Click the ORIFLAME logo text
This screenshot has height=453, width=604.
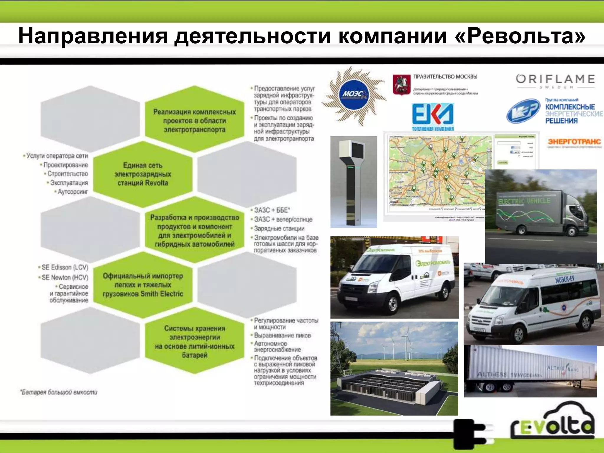[x=555, y=79]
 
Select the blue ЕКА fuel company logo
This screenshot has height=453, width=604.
[x=433, y=116]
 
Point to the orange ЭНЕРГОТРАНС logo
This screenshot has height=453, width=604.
[x=574, y=142]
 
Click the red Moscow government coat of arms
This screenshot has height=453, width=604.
[x=401, y=84]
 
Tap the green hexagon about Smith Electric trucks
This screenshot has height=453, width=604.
[x=143, y=285]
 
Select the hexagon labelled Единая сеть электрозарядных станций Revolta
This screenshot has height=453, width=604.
[x=143, y=174]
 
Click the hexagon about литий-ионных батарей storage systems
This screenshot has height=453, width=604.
[x=195, y=341]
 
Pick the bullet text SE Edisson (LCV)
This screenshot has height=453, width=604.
[x=65, y=267]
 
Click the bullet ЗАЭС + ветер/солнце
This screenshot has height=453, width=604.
[x=283, y=219]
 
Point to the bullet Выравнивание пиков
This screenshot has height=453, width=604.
[x=282, y=335]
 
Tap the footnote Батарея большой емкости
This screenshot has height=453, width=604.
[x=59, y=392]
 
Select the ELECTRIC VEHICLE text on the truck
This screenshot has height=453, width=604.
[x=524, y=201]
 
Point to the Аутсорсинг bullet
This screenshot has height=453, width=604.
[x=73, y=192]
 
